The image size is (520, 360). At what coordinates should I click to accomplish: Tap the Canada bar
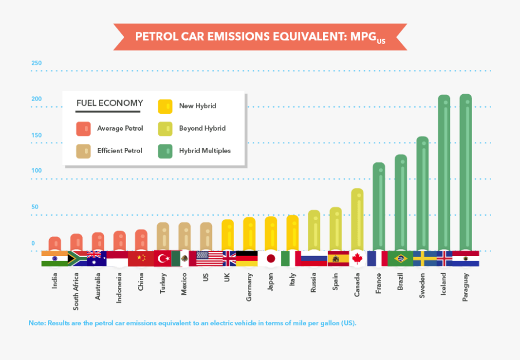click(x=357, y=220)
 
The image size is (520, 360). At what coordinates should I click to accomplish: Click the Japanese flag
click(x=270, y=258)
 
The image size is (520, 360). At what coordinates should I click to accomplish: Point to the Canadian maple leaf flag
click(x=357, y=258)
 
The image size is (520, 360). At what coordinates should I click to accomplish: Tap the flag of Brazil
click(x=400, y=258)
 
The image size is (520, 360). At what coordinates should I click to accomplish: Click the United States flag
click(x=205, y=258)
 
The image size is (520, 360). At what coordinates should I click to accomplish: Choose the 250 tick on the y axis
click(x=37, y=63)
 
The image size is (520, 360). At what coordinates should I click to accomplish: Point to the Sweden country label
click(x=422, y=284)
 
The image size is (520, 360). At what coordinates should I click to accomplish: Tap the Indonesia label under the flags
click(x=120, y=288)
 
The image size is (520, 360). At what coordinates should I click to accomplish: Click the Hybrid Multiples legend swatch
click(x=165, y=151)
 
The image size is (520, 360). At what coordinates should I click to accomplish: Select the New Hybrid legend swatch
click(x=165, y=106)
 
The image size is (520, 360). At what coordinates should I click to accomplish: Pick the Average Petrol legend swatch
click(x=83, y=128)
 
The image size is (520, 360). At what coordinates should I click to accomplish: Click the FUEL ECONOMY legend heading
click(x=110, y=103)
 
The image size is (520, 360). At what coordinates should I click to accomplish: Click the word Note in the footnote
click(x=37, y=323)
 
